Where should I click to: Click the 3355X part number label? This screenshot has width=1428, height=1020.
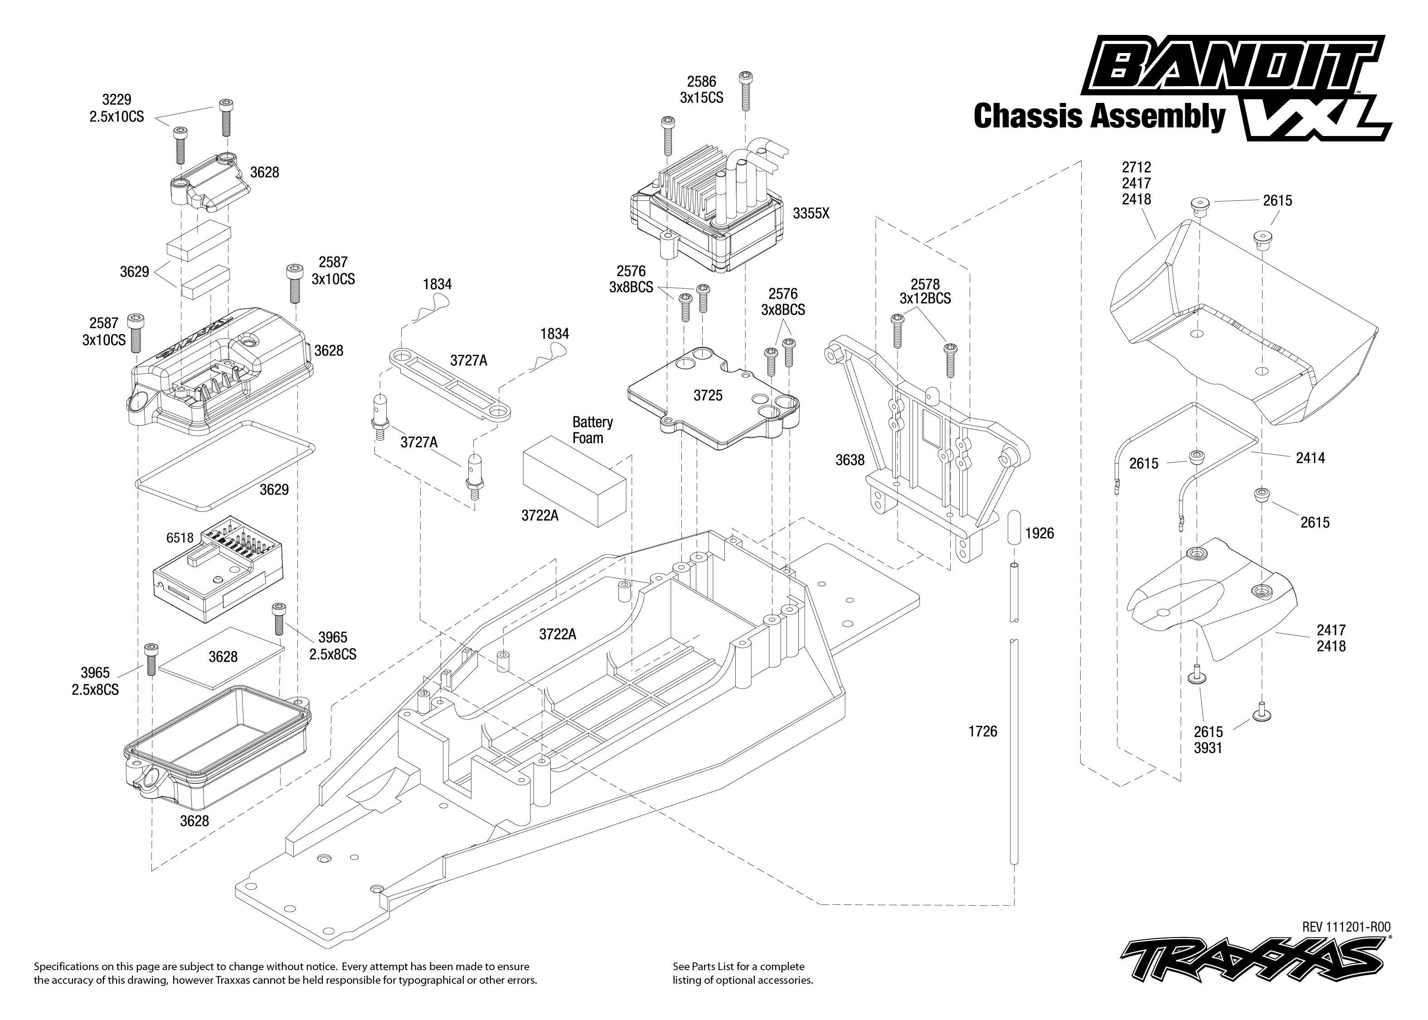810,214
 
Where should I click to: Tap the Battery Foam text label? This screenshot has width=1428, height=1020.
592,430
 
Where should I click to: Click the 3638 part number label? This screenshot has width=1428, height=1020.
849,461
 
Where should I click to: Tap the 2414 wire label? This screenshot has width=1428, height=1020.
1310,458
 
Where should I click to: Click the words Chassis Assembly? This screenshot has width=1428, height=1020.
1099,117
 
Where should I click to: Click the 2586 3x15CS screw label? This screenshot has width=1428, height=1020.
701,90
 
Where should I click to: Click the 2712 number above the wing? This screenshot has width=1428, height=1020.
1136,167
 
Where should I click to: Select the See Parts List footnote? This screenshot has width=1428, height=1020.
742,973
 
